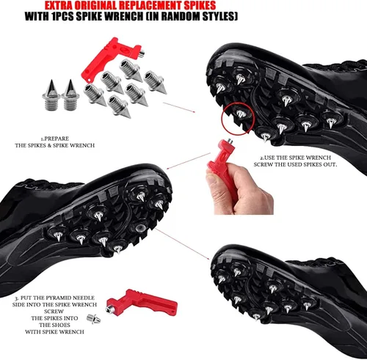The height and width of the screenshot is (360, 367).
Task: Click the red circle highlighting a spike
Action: click(x=238, y=119)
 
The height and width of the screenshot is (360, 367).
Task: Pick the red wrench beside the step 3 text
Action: click(x=142, y=302)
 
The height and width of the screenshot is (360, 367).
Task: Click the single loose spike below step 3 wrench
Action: click(x=94, y=319)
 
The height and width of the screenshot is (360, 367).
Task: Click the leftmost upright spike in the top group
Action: click(x=51, y=95)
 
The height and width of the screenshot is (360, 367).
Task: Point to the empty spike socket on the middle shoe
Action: click(x=140, y=227)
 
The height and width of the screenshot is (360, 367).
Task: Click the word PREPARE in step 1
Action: click(x=57, y=139)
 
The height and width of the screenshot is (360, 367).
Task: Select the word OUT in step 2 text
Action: click(x=330, y=164)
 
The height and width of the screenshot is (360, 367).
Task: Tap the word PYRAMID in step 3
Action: click(x=58, y=298)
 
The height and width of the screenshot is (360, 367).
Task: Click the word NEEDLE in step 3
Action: click(x=84, y=298)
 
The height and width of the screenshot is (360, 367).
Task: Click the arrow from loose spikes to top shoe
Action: click(x=179, y=108)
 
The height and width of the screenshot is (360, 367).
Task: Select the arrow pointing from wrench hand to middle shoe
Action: click(x=189, y=161)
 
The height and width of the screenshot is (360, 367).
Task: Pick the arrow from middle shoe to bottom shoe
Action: click(x=182, y=244)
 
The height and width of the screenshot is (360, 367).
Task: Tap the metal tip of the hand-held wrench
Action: click(x=230, y=141)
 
